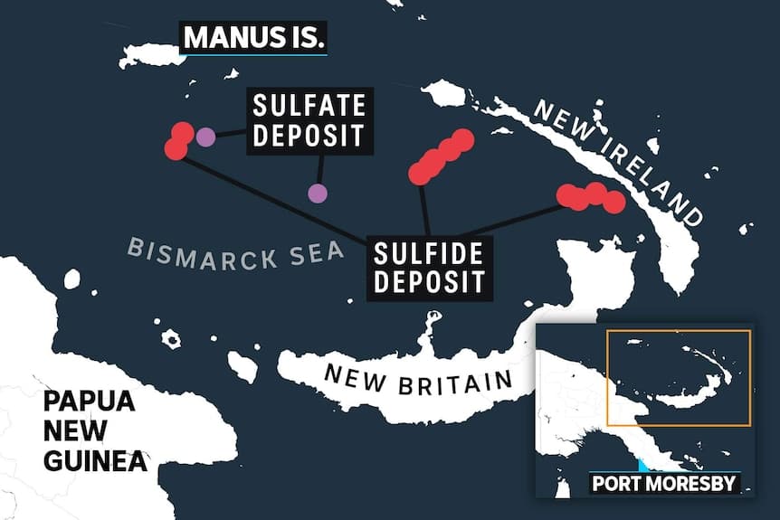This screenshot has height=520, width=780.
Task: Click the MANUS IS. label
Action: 253,39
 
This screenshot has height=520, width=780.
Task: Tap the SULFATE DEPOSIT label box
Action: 309,120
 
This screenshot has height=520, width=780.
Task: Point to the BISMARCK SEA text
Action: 235,253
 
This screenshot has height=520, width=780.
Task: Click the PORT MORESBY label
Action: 663,484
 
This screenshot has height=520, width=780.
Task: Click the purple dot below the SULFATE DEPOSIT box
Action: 317,193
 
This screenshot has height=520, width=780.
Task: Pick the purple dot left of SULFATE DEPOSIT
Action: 205,137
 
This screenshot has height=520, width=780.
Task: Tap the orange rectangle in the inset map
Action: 678,378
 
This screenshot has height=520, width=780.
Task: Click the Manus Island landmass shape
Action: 151,55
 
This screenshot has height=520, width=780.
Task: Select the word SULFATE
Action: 309,106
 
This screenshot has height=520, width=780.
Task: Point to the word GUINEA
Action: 95,461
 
